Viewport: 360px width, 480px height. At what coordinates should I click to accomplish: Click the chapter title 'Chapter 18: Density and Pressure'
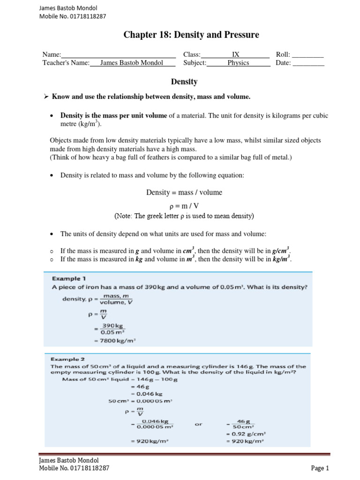[191, 35]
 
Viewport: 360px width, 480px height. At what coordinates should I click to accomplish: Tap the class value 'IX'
[236, 54]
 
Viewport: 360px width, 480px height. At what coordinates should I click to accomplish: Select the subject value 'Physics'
[238, 63]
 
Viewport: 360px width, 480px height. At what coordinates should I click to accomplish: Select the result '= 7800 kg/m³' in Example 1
[114, 341]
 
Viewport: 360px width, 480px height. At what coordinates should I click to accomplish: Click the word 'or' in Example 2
[198, 423]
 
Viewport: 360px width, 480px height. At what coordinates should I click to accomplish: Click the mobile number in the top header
[73, 16]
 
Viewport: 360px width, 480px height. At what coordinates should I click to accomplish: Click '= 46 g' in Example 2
[136, 387]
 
